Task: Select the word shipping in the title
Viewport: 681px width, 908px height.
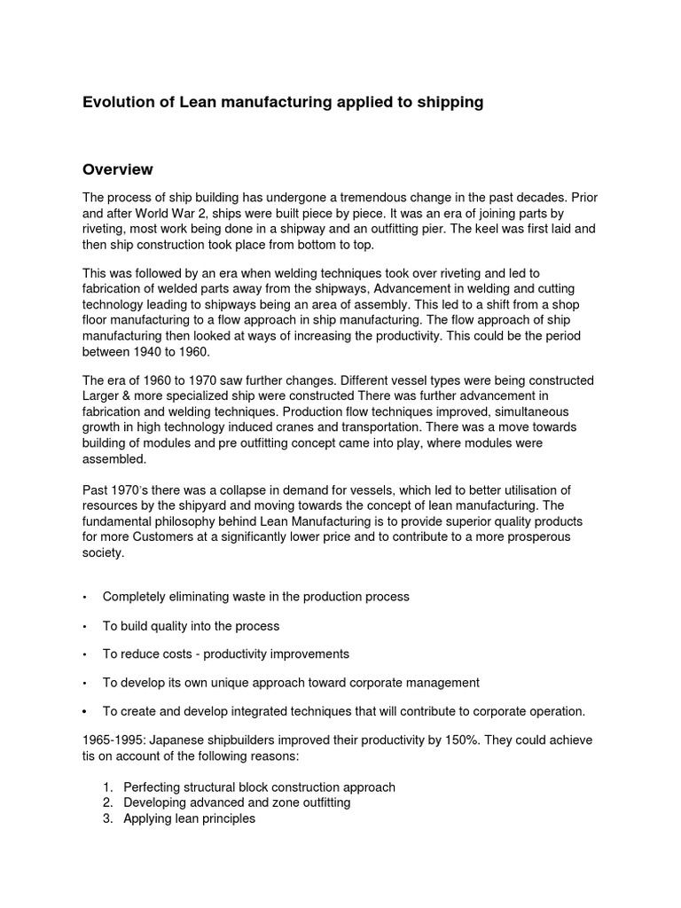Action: tap(450, 103)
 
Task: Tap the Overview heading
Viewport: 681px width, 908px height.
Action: tap(118, 169)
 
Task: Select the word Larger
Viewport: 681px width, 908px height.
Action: tap(102, 395)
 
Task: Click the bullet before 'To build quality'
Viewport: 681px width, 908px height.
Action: tap(84, 626)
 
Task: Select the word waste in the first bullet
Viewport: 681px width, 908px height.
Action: tap(272, 597)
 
